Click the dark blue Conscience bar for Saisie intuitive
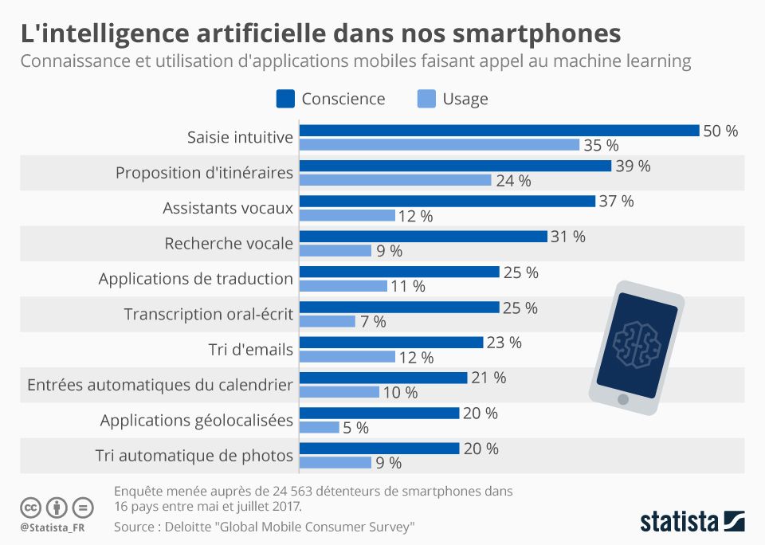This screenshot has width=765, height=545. [x=499, y=131]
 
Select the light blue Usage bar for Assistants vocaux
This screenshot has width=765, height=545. [x=347, y=215]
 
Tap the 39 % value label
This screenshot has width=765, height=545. [x=633, y=166]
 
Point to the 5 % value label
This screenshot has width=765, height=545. [x=355, y=427]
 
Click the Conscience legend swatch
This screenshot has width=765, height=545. [x=285, y=99]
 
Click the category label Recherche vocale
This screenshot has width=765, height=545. [x=229, y=243]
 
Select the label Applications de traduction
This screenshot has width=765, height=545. [x=196, y=278]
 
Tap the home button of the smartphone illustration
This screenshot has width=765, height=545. [x=623, y=398]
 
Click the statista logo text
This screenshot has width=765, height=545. [x=678, y=522]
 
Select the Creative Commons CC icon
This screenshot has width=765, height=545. [x=31, y=507]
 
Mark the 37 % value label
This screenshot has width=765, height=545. [x=616, y=201]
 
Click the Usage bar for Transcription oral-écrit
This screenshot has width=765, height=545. [x=328, y=321]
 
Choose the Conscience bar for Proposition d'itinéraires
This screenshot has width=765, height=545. [x=455, y=166]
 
